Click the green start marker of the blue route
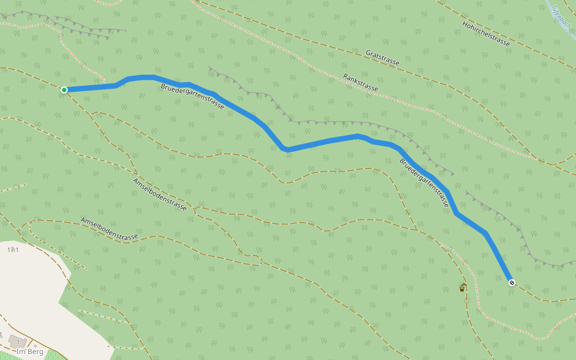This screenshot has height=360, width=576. pos(64,90)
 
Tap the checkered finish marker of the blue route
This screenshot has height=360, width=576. pos(511,282)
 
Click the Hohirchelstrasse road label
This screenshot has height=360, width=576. pos(486,34)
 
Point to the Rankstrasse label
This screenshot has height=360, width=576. pos(361,83)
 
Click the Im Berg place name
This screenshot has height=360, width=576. pos(30,352)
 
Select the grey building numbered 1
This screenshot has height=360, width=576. pos(17,342)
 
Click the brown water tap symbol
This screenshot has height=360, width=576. pos(462,287)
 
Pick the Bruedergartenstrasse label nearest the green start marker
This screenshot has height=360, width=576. pos(192,97)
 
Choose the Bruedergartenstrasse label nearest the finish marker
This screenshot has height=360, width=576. pos(424,182)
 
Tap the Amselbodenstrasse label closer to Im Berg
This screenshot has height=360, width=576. pos(109,229)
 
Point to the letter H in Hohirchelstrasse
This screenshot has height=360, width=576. pos(464,24)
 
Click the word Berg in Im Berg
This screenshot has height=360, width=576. pos(35,352)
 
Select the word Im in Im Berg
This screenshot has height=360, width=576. pos(20,352)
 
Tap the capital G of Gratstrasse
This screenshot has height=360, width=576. pos(368,52)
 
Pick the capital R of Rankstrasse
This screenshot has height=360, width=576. pos(345,76)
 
